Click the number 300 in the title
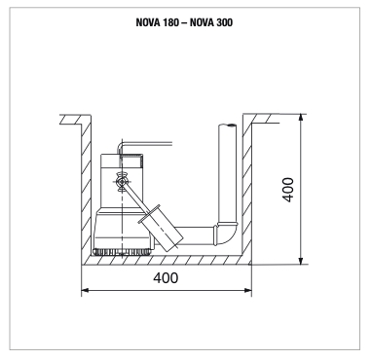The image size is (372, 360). coord(224,22)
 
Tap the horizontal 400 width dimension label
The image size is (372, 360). coord(166,278)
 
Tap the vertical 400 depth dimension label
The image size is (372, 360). coord(288,190)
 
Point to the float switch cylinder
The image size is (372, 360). coord(161,229)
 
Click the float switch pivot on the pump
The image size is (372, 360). coord(122,182)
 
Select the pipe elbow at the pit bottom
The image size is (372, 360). coord(226,234)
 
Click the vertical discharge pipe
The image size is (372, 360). coord(228,173)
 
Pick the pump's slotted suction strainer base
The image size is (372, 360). coord(123,252)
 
